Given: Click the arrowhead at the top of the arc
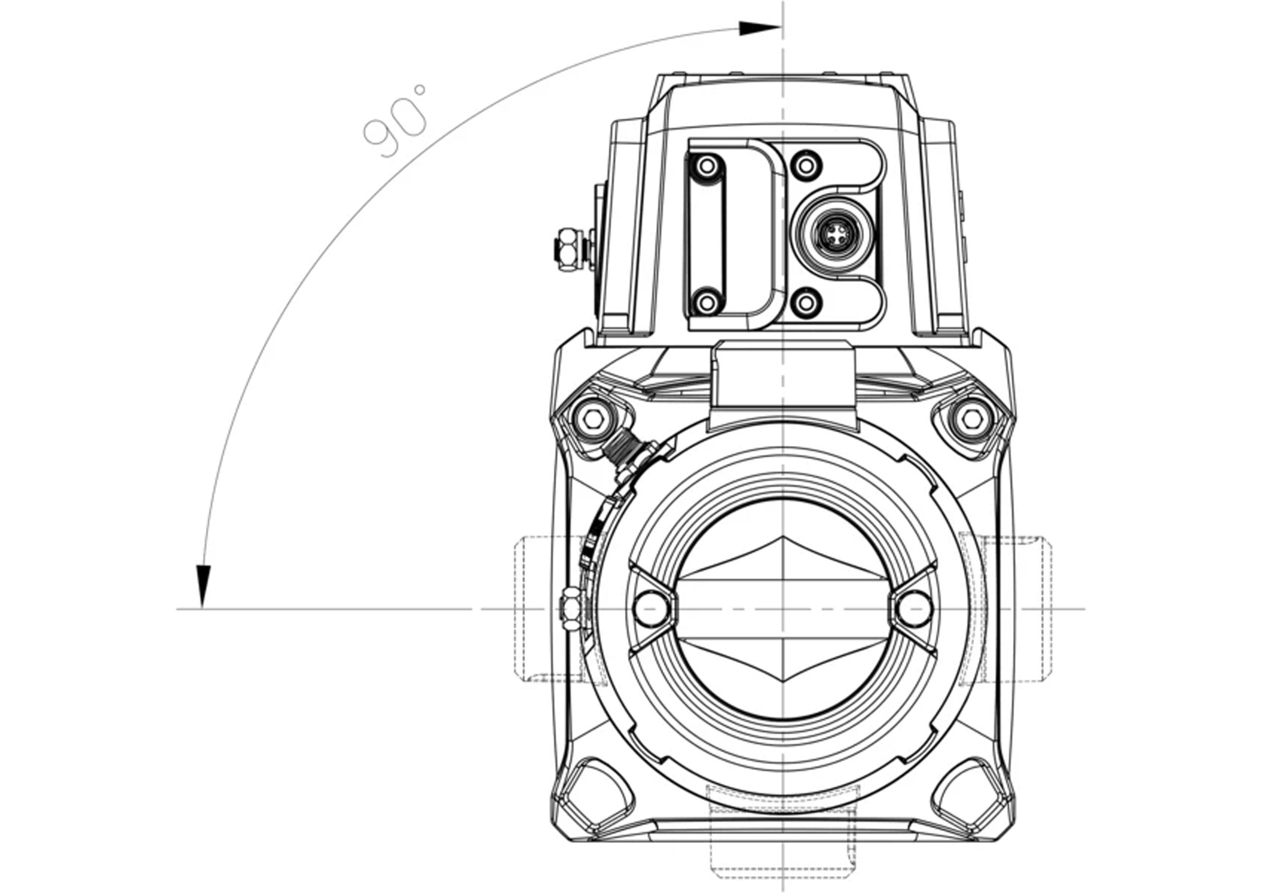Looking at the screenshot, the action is pos(760,28).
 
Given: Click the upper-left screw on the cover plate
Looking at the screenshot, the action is pos(707,164).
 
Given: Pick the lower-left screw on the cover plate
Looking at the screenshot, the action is pos(707,301).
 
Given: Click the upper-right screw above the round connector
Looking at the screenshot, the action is pos(806,164).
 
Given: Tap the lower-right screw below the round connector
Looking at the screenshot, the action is pos(806,301).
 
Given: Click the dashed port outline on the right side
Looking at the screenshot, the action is pos(1006,609).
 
